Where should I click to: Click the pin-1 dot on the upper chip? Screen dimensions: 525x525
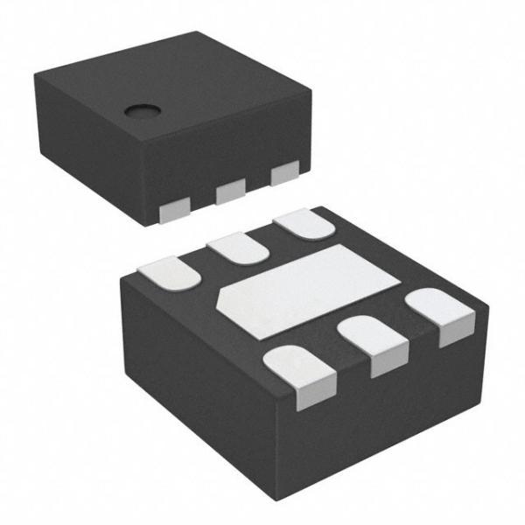139,111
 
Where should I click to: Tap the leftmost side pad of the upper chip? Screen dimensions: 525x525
177,208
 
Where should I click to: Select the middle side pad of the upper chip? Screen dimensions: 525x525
231,190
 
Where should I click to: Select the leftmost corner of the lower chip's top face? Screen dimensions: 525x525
120,277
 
